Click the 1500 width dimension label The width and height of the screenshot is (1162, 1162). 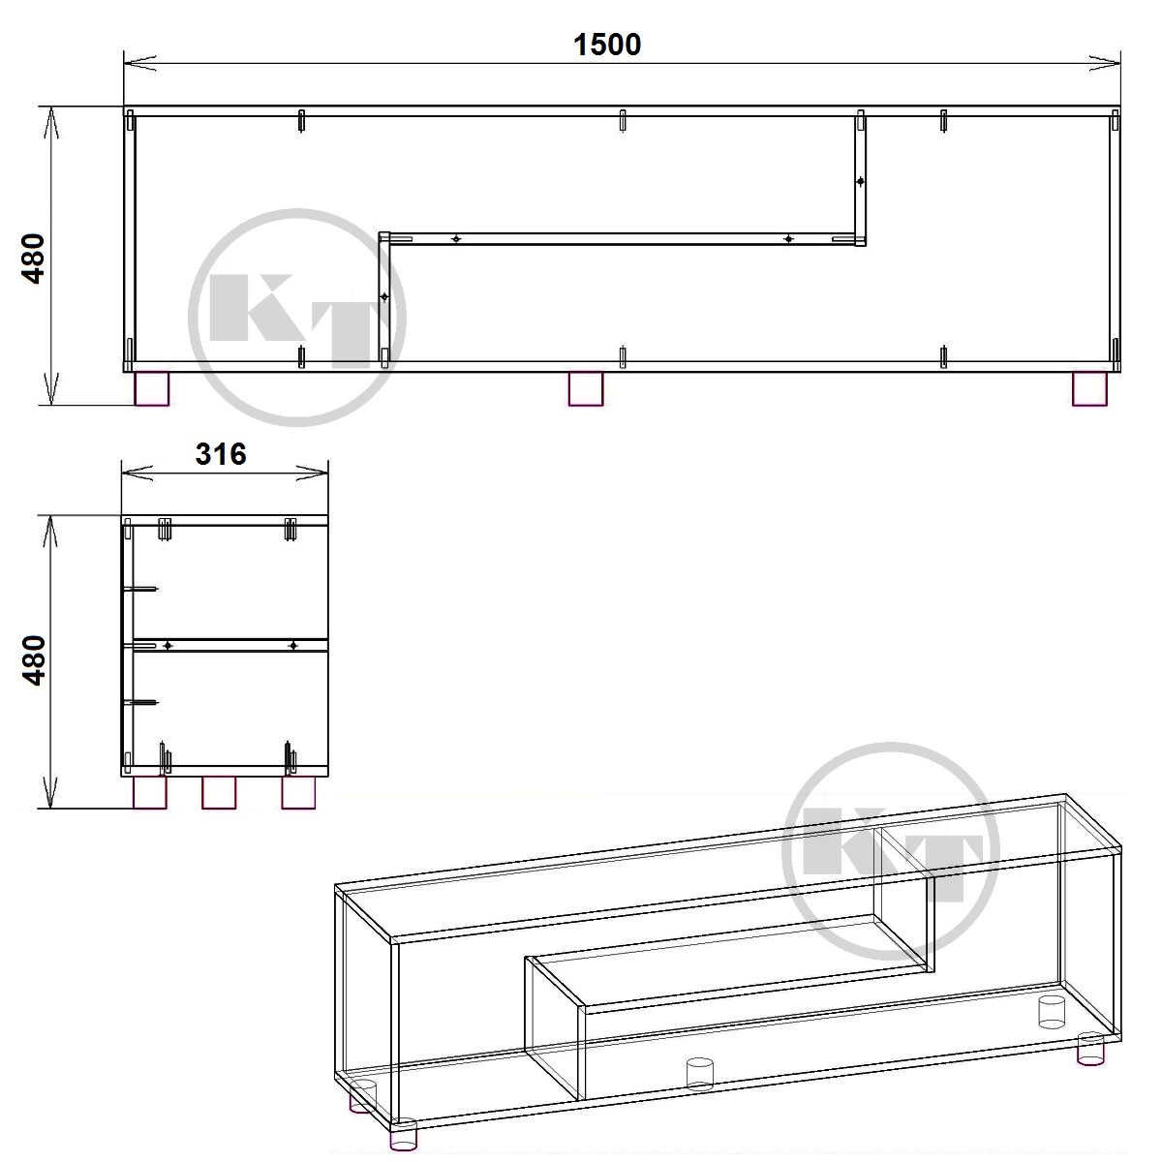coord(606,45)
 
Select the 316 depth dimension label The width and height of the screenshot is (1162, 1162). coord(221,454)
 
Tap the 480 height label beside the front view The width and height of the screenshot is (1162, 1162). coord(33,259)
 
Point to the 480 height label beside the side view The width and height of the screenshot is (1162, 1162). coord(33,661)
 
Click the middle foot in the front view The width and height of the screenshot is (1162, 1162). coord(586,389)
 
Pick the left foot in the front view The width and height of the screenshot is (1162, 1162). coord(152,389)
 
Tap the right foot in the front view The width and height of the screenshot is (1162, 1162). coord(1089,389)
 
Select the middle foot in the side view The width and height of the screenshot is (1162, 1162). coord(219,792)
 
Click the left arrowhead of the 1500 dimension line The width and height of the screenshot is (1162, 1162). coord(139,63)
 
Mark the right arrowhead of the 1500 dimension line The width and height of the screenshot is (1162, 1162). coord(1104,63)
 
